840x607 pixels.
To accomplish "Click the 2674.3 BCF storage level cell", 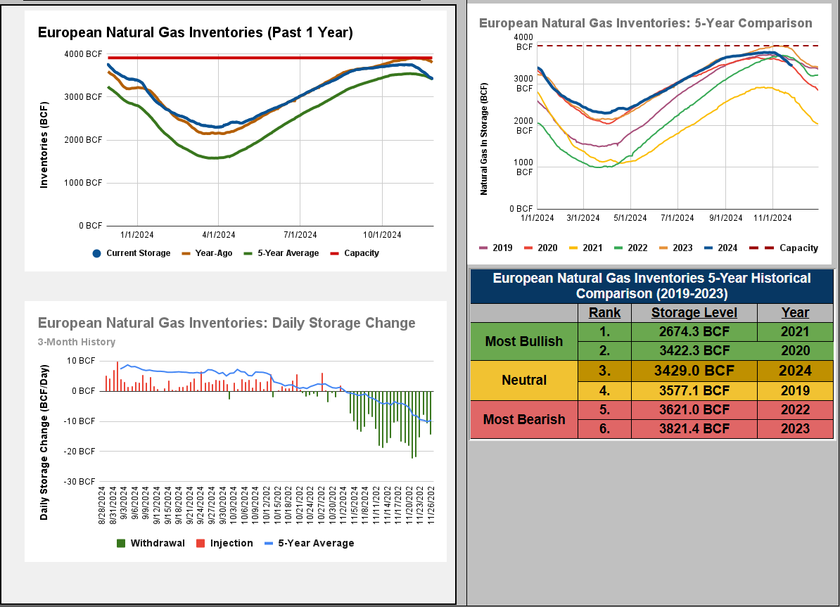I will click(694, 332).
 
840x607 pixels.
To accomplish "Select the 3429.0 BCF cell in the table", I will click(694, 371).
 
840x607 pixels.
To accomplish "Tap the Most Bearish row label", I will click(524, 419).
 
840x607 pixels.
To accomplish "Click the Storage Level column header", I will click(694, 313).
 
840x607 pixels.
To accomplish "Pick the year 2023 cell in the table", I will click(795, 428).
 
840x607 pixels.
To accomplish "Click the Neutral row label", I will click(524, 381).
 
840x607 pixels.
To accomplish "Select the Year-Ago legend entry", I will click(210, 253).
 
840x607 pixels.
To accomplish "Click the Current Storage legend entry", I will click(132, 253).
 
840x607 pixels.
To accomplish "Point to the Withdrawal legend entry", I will click(151, 543).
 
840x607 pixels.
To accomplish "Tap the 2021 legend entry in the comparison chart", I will click(587, 248).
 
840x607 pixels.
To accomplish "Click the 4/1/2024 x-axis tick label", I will click(218, 235).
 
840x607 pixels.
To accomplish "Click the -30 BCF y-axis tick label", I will click(82, 482).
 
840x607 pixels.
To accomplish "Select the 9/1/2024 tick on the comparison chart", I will click(725, 218).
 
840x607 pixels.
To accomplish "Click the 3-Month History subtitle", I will click(77, 343).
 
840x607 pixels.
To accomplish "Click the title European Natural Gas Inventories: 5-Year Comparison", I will click(645, 23).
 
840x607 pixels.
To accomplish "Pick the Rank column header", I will click(604, 313).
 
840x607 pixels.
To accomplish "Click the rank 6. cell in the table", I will click(604, 428).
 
